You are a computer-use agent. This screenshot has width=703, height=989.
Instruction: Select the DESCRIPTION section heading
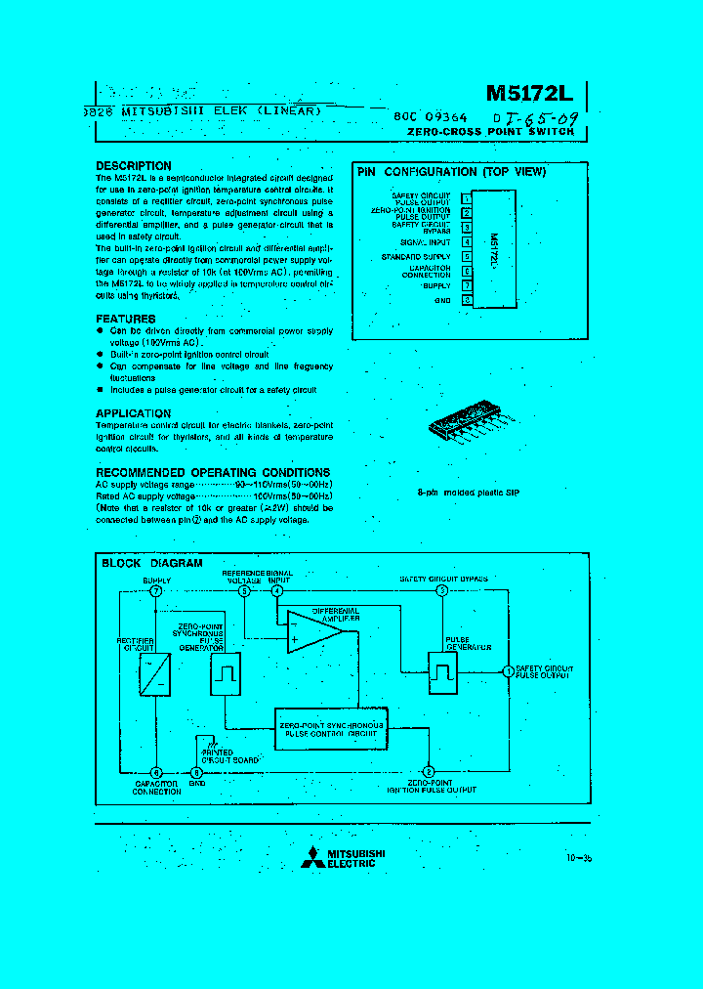[134, 166]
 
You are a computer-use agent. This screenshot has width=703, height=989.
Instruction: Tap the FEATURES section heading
[126, 320]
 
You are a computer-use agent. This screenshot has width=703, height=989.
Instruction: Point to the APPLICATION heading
[134, 413]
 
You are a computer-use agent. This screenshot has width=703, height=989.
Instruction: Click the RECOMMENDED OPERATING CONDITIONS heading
[213, 473]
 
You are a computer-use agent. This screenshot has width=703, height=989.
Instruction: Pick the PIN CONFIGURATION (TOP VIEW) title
[451, 172]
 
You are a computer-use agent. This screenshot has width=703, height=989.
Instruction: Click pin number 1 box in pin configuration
[467, 198]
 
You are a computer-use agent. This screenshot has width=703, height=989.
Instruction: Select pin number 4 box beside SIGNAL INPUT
[467, 241]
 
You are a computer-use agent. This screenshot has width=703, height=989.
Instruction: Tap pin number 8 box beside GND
[467, 301]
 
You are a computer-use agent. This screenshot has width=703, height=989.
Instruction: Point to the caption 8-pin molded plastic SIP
[468, 493]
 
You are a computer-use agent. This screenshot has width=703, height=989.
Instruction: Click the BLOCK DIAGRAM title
[152, 563]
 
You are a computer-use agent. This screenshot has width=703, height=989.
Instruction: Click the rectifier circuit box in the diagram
[153, 673]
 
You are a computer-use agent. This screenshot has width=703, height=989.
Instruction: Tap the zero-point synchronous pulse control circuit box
[331, 728]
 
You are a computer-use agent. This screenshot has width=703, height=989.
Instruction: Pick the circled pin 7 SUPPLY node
[156, 591]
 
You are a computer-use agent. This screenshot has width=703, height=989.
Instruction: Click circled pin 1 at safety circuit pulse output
[507, 671]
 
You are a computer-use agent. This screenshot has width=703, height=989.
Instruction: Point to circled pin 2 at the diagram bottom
[429, 771]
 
